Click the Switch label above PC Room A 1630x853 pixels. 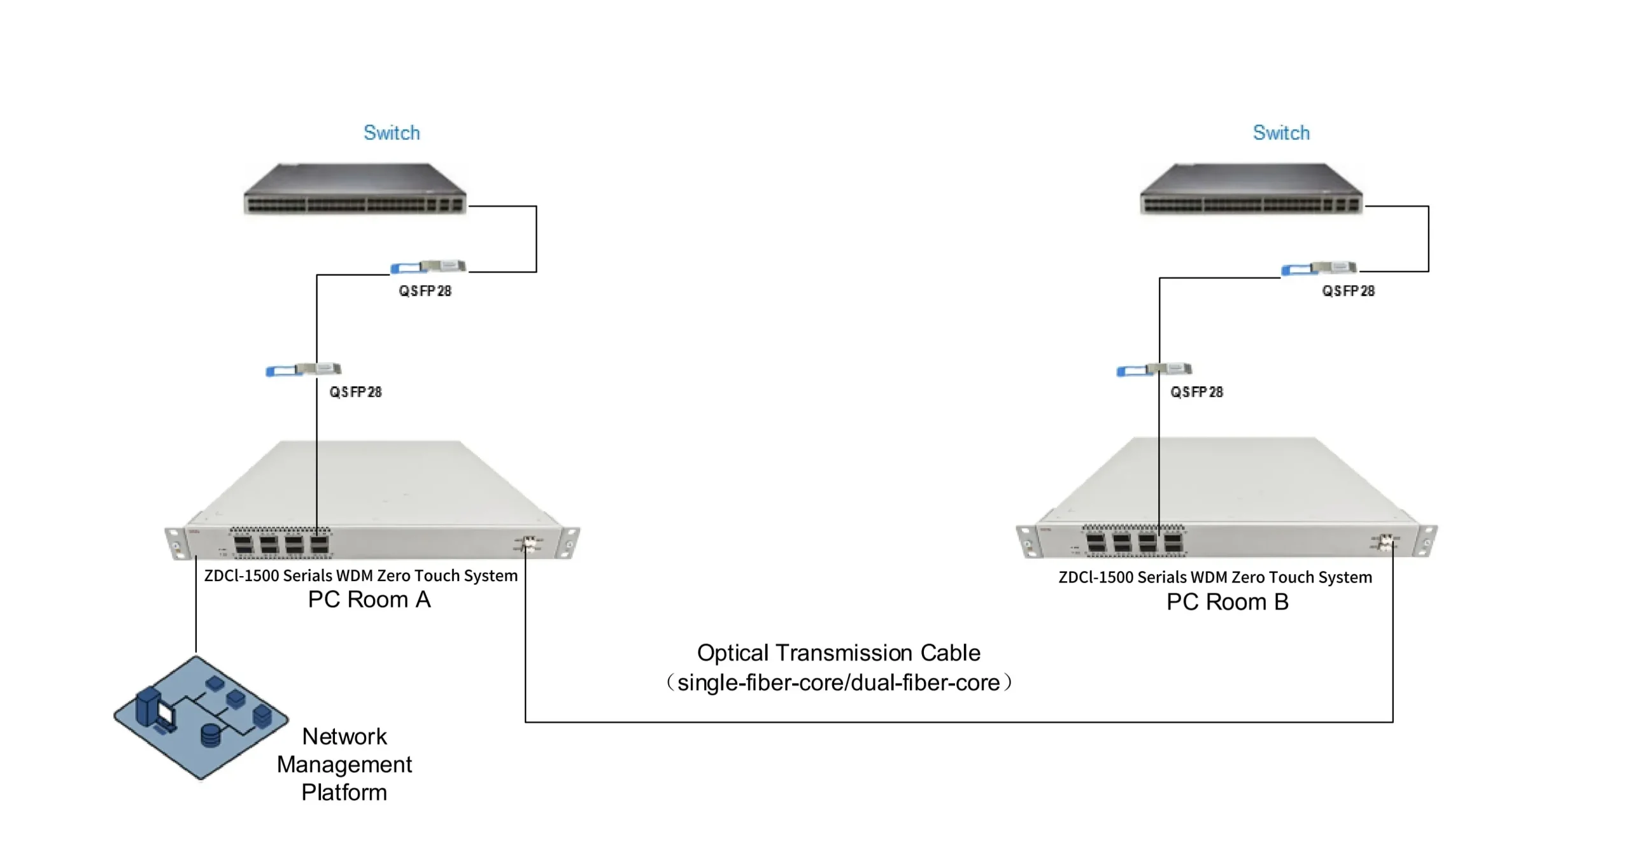(x=392, y=132)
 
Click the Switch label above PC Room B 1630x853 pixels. (x=1281, y=132)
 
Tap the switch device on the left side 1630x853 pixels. (x=355, y=189)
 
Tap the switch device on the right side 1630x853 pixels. (x=1251, y=189)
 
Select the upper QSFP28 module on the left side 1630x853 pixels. (x=428, y=267)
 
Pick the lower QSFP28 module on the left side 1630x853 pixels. (x=303, y=369)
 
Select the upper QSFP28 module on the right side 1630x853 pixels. (x=1319, y=268)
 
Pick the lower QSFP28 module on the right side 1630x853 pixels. (x=1154, y=369)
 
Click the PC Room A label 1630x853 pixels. (x=369, y=600)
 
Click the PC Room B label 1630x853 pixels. (x=1227, y=602)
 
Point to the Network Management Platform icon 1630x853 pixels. (x=201, y=717)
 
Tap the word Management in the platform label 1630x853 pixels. (x=344, y=764)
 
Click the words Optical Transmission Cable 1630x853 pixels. (x=839, y=653)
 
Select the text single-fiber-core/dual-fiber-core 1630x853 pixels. (x=839, y=683)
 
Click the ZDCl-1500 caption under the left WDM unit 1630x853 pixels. (x=360, y=575)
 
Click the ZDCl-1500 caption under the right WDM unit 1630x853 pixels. (x=1215, y=577)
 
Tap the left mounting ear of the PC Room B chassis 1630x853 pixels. (x=1026, y=541)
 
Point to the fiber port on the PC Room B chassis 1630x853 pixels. (x=1385, y=542)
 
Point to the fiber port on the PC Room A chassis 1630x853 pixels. (x=528, y=544)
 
